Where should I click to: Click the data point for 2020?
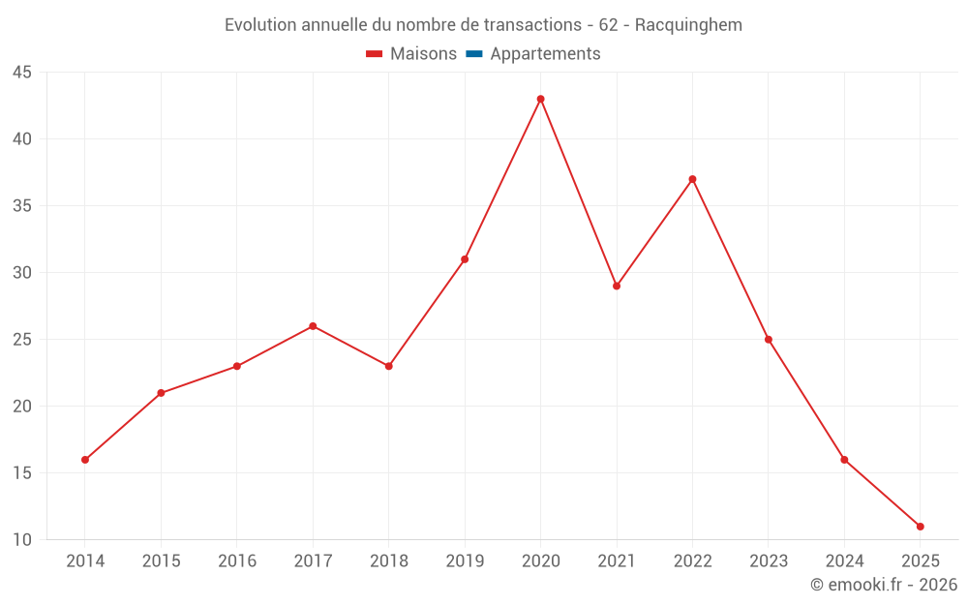[540, 99]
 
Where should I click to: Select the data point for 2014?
[85, 460]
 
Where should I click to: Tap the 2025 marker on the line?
[920, 527]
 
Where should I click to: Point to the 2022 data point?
[692, 179]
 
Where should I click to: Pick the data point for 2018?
[388, 366]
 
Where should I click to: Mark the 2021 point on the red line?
[617, 286]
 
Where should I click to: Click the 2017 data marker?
[313, 326]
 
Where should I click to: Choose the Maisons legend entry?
[423, 54]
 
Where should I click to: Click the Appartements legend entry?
[545, 54]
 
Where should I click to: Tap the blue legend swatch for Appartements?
[473, 54]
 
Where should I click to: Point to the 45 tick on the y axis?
[22, 73]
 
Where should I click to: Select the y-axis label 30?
[22, 273]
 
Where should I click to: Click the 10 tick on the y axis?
[22, 540]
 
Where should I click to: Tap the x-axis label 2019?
[465, 561]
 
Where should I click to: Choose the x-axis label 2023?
[769, 561]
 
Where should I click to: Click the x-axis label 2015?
[161, 561]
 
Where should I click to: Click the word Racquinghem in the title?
[688, 25]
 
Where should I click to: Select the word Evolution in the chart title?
[260, 25]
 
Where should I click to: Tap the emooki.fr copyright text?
[884, 585]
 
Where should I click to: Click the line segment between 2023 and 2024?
[806, 400]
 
